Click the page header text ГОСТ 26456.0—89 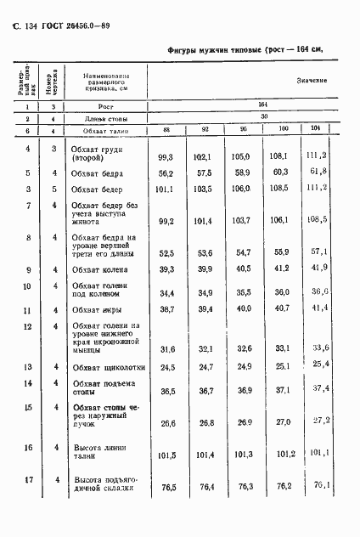coord(70,25)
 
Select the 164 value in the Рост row coord(263,105)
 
